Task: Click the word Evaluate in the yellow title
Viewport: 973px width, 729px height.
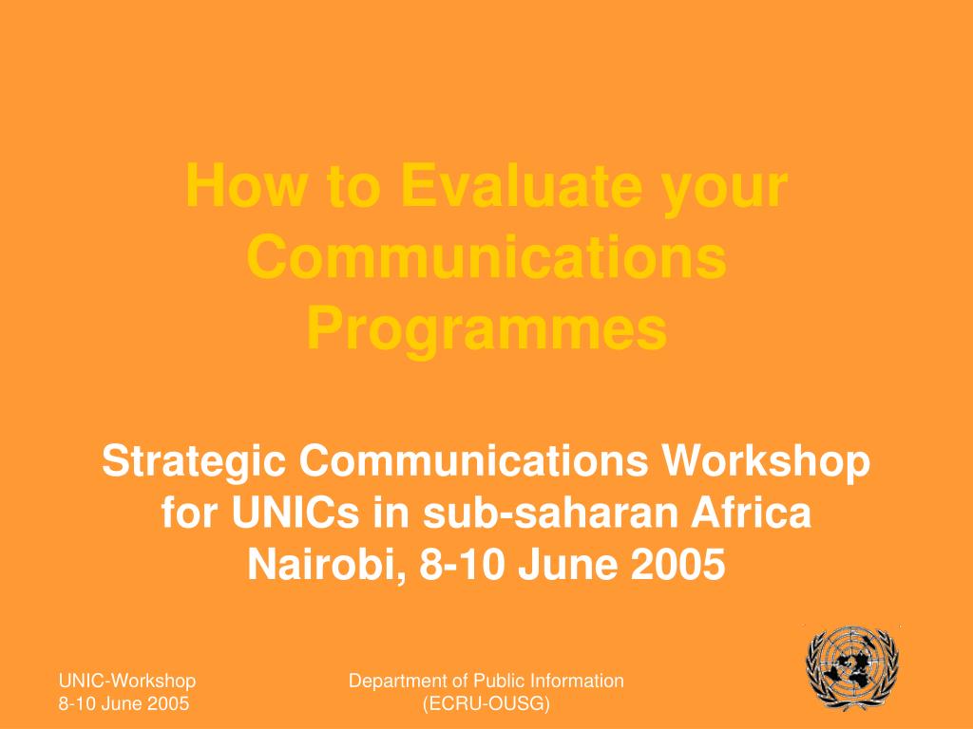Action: pos(522,185)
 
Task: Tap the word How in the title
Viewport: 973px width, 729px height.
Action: pos(246,185)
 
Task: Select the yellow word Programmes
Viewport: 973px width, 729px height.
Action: pos(486,329)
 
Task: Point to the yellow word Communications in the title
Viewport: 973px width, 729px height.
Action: pos(486,256)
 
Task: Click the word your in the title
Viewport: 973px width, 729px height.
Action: pos(725,189)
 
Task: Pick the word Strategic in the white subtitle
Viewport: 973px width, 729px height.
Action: pos(194,462)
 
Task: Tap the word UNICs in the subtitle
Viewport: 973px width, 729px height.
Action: pos(296,513)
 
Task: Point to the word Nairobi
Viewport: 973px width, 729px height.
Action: pos(327,566)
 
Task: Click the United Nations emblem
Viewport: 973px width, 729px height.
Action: pos(852,666)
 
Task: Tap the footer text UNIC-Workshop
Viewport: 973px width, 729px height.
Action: pos(127,681)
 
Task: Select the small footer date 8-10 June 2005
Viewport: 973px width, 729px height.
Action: pos(124,703)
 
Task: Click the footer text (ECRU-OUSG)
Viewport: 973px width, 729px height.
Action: pos(486,704)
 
